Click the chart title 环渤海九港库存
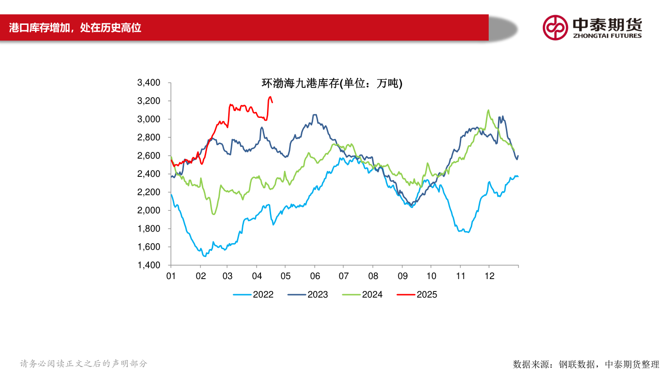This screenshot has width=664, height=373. pyautogui.click(x=332, y=83)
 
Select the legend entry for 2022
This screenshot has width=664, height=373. pyautogui.click(x=253, y=295)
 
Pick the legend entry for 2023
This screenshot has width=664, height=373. pyautogui.click(x=308, y=295)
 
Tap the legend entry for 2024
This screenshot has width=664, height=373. pyautogui.click(x=362, y=295)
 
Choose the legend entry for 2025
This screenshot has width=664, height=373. pyautogui.click(x=417, y=295)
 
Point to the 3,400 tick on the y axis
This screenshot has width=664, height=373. pyautogui.click(x=148, y=83)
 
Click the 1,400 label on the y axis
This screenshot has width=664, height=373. pyautogui.click(x=148, y=265)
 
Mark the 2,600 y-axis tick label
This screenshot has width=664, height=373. pyautogui.click(x=148, y=156)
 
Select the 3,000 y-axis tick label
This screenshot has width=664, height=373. pyautogui.click(x=148, y=119)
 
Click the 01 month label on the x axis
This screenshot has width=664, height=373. pyautogui.click(x=171, y=276)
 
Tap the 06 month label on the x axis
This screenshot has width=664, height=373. pyautogui.click(x=314, y=276)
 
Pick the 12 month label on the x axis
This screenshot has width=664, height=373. pyautogui.click(x=489, y=276)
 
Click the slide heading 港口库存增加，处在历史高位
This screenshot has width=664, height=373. pyautogui.click(x=75, y=28)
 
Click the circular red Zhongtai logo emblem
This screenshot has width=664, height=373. pyautogui.click(x=555, y=28)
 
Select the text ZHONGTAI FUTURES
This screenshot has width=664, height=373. pyautogui.click(x=607, y=36)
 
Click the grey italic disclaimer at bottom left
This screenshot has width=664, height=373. pyautogui.click(x=83, y=364)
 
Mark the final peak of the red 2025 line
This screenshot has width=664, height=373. pyautogui.click(x=270, y=97)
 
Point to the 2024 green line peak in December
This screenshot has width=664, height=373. pyautogui.click(x=488, y=110)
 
